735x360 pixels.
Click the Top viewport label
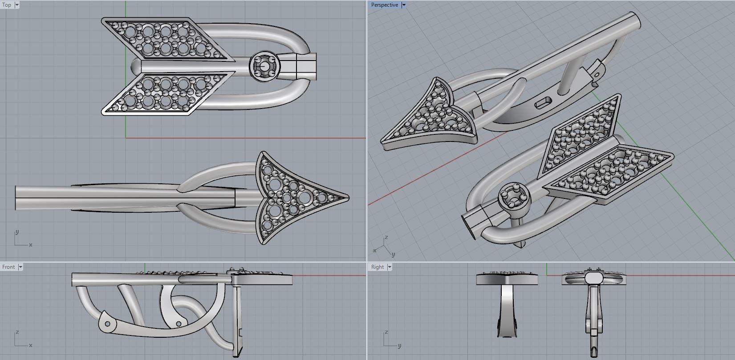tap(7, 5)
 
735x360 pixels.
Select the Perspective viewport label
tap(385, 5)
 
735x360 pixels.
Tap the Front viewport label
tap(8, 267)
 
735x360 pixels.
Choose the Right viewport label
tap(378, 267)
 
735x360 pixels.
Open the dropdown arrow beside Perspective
tap(404, 5)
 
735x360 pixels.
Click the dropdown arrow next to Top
tap(17, 5)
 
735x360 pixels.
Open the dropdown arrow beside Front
tap(20, 267)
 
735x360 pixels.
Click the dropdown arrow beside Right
tap(390, 267)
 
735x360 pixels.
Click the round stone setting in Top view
tap(264, 66)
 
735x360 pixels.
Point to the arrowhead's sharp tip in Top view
tap(349, 197)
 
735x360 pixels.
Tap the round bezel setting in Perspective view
tap(514, 198)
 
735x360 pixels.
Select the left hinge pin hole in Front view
tap(107, 324)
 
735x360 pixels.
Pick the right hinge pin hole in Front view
tap(179, 324)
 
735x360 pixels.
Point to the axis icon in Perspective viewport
tap(384, 247)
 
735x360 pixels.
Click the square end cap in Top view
tap(306, 66)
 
